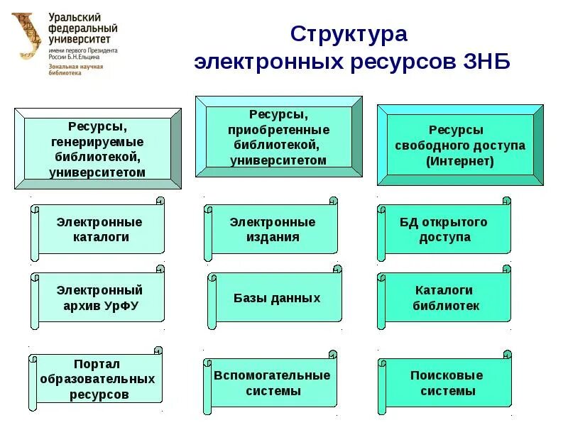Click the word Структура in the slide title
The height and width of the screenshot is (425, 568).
pos(349,35)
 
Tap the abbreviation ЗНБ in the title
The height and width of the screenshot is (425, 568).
pos(485,62)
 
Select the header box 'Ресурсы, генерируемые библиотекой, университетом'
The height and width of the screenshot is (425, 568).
pos(98,149)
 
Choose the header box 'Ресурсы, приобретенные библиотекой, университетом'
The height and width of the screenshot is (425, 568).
pos(278,137)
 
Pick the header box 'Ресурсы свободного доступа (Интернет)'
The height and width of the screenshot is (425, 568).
pos(459,145)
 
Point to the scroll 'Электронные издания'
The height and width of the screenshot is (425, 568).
pos(273,230)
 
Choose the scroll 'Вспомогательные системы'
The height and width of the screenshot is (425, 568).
pos(273,382)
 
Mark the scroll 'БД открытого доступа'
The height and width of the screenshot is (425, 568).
pos(444,230)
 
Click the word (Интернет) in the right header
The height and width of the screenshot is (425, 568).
pos(459,161)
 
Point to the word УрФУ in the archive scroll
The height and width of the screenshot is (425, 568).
pos(123,306)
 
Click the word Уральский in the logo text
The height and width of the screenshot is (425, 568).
pos(75,17)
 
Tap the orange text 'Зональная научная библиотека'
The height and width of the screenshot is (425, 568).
pos(75,70)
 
